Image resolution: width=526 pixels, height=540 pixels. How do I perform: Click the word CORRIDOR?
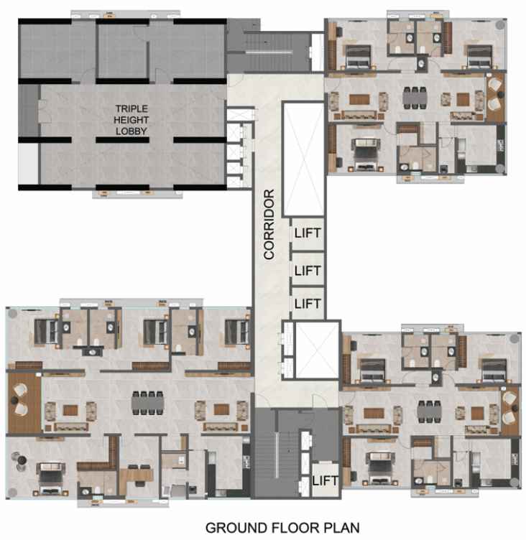[269, 224]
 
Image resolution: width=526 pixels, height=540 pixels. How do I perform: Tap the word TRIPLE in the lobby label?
[131, 108]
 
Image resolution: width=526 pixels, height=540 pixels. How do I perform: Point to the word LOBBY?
[131, 131]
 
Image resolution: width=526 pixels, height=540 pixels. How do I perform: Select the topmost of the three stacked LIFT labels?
[308, 233]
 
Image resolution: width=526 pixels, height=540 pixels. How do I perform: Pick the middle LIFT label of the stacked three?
[308, 271]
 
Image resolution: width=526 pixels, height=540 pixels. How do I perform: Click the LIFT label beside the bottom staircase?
[325, 480]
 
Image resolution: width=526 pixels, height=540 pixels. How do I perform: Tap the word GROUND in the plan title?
[236, 528]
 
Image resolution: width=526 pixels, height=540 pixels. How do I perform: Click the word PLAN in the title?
[341, 528]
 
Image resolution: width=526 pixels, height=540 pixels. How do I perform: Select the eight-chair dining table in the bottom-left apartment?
[147, 403]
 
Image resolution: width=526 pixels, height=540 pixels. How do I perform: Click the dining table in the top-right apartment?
[415, 98]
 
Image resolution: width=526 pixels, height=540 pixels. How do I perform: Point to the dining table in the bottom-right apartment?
[429, 411]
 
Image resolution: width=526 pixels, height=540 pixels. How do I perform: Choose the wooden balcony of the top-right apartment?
[496, 97]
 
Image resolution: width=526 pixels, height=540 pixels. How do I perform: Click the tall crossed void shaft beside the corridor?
[303, 159]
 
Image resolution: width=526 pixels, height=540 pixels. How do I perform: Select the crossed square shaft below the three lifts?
[317, 350]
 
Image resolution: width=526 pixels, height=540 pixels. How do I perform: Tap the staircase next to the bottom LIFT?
[276, 453]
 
